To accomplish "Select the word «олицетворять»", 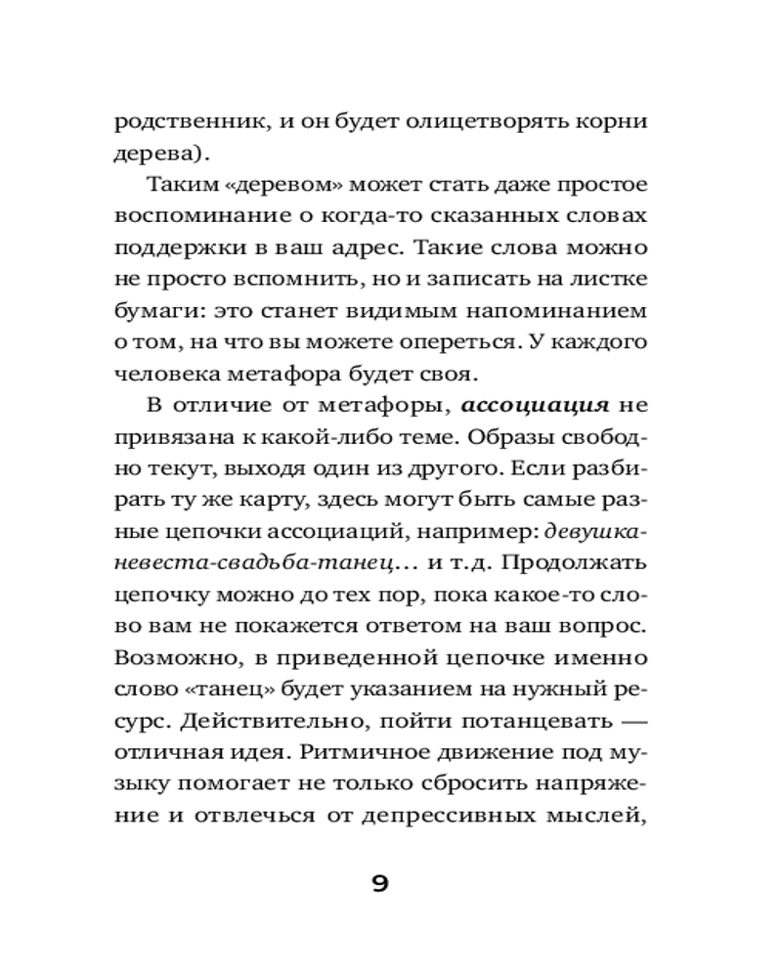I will (473, 123).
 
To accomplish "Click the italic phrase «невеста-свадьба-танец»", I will (254, 561).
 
